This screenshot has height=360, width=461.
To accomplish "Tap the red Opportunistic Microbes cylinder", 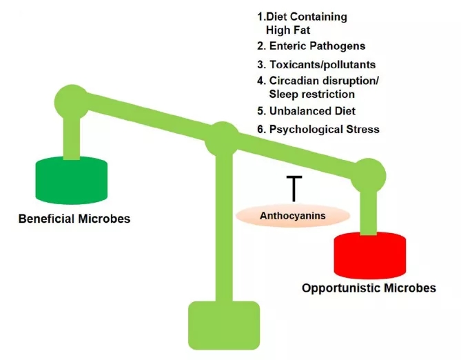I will point(369,254).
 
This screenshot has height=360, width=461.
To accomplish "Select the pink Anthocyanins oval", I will point(292,216).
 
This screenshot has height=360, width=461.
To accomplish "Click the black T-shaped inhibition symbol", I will point(294,187).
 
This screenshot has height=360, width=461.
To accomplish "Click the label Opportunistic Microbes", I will point(369,288).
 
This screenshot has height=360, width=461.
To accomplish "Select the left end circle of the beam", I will point(72,101).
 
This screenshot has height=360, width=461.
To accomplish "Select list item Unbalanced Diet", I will point(309,111).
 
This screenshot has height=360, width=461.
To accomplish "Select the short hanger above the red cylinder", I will point(369,210).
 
